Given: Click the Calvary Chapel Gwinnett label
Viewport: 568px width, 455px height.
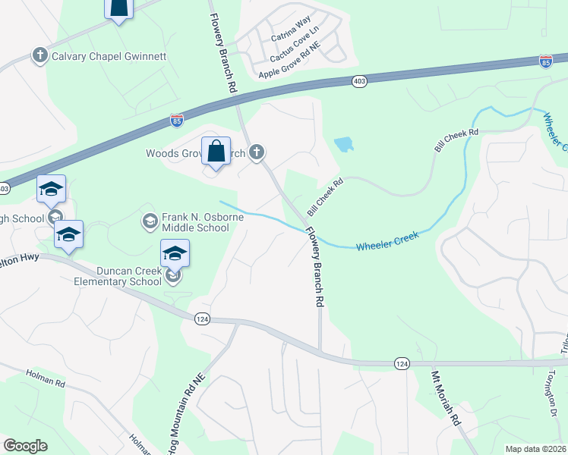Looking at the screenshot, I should [x=108, y=55].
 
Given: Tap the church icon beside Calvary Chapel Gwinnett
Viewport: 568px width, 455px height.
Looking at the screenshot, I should [x=39, y=55].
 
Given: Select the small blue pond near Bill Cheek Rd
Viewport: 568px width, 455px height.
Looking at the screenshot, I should [x=343, y=143].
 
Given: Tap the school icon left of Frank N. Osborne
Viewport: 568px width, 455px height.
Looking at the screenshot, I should [x=150, y=221].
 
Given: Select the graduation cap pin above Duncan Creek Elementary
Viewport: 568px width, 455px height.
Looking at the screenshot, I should [x=175, y=253].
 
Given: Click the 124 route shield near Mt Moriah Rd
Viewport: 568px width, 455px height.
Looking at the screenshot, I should [x=402, y=364].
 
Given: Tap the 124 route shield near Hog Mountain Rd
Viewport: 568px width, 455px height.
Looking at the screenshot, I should [x=201, y=318].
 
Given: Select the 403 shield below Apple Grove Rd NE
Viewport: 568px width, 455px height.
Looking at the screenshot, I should [x=360, y=80].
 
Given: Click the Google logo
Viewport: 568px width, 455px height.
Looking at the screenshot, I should [x=25, y=445].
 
